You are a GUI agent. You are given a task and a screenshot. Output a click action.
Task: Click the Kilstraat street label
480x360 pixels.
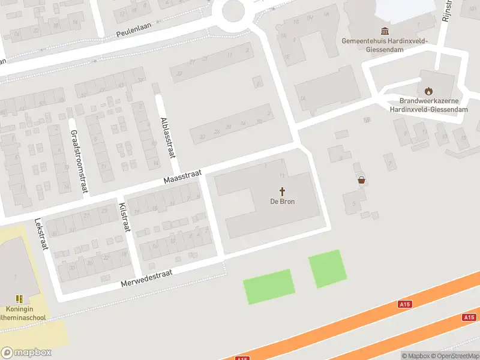(125, 217)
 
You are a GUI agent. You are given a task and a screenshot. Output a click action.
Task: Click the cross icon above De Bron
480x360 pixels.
(283, 191)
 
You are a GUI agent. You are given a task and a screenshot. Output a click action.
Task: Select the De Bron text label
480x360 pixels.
(282, 202)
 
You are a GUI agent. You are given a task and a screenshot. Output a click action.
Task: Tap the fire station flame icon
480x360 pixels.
(428, 91)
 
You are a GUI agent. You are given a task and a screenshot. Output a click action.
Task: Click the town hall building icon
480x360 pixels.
(384, 31)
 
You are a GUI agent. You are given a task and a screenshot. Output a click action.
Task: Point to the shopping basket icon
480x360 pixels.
(361, 179)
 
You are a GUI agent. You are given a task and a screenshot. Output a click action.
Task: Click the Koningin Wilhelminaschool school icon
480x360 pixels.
(19, 298)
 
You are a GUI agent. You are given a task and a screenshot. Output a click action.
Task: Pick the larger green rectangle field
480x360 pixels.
(269, 286)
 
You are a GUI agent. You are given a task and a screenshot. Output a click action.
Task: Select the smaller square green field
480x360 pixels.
(328, 269)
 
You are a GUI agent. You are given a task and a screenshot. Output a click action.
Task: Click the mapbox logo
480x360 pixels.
(26, 353)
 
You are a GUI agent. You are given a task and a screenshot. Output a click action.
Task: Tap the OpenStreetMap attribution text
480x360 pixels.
(457, 356)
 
